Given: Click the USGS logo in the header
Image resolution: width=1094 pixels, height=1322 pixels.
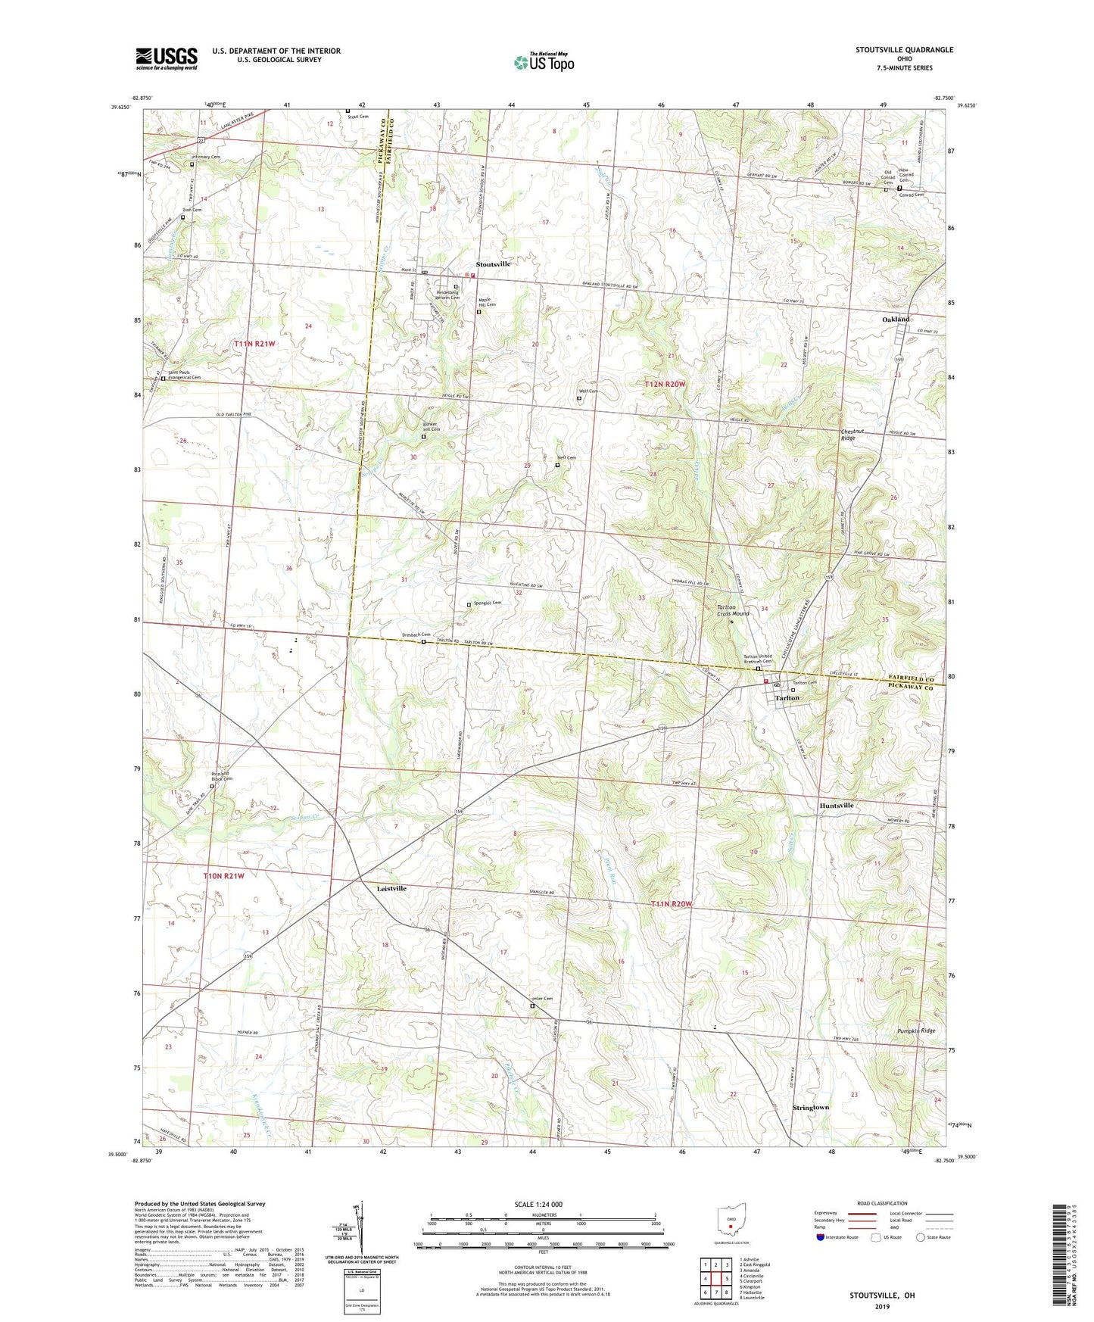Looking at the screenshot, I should tap(167, 58).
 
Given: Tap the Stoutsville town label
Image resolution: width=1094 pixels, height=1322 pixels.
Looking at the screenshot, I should tap(493, 264).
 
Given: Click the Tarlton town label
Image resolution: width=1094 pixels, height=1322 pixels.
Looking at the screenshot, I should tap(787, 698).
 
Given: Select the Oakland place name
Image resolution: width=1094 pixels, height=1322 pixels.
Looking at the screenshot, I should tap(896, 320).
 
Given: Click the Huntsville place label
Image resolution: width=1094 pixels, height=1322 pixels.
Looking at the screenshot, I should tap(837, 806).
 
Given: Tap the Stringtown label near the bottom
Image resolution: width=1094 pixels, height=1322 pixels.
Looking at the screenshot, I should tap(811, 1108).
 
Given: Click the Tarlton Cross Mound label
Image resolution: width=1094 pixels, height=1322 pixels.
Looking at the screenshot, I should tap(733, 610).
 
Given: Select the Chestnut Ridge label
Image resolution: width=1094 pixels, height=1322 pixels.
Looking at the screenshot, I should tap(848, 435).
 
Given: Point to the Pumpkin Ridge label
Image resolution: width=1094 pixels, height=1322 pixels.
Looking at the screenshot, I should tap(916, 1031).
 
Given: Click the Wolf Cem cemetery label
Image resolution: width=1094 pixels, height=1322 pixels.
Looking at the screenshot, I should tap(589, 391).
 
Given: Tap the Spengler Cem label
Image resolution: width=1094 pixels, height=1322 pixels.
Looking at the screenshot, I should tap(488, 603).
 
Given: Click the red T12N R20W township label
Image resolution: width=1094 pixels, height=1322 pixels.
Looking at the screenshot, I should tap(665, 385).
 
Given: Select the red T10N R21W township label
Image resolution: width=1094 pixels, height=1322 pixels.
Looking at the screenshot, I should tap(224, 876).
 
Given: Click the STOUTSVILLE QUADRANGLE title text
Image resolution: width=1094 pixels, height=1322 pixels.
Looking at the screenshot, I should tap(904, 50).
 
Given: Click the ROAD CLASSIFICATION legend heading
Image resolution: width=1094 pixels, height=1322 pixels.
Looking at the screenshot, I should tap(882, 1203).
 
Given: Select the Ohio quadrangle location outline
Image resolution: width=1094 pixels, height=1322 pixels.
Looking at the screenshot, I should tap(731, 1220).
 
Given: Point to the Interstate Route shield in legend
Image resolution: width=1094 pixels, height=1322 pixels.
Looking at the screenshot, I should tap(821, 1237).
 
